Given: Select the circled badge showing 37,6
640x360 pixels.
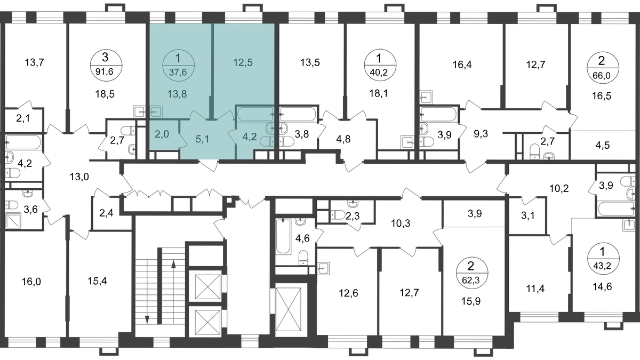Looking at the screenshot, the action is [x=178, y=66].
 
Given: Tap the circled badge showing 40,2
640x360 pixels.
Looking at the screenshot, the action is [x=379, y=66].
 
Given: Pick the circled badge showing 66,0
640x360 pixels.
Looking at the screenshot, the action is [x=602, y=69].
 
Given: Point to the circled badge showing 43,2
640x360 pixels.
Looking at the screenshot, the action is [x=603, y=259].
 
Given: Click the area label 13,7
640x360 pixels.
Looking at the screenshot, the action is [x=34, y=62].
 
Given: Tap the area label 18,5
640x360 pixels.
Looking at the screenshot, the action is [x=105, y=94].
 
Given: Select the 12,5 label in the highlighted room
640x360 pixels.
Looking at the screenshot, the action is [x=243, y=62].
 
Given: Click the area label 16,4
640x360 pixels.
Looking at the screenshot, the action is [x=462, y=65].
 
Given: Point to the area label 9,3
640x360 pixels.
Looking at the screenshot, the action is [x=481, y=133].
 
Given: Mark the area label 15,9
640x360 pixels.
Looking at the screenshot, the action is [x=471, y=301].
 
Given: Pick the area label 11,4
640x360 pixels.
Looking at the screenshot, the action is [x=535, y=289].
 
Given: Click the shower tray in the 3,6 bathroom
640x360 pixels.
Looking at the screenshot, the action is [x=13, y=221].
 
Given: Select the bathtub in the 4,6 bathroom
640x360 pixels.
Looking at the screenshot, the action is [x=283, y=236].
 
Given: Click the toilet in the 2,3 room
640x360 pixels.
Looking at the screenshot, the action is [x=338, y=214].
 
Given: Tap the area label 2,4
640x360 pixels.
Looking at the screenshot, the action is [x=106, y=213].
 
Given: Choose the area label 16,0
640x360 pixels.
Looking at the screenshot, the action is [x=31, y=282].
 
